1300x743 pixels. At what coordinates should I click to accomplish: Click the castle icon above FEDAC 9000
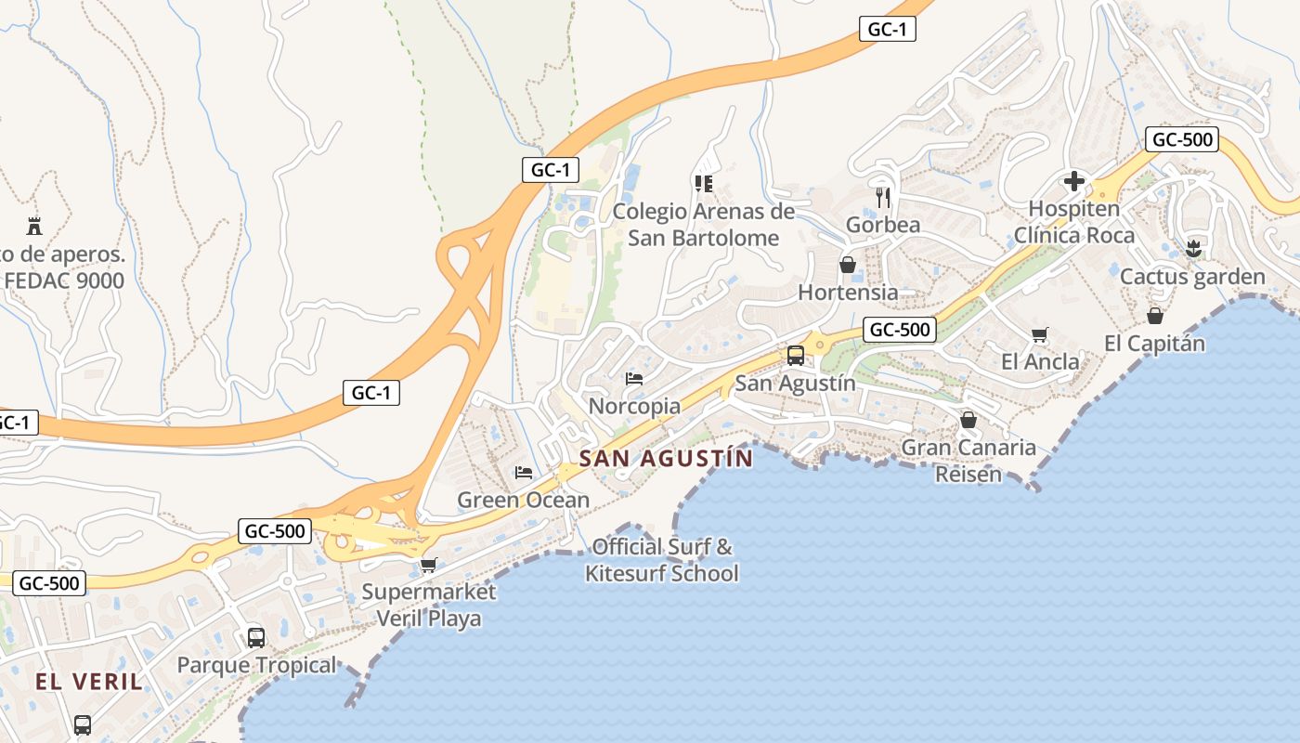34,225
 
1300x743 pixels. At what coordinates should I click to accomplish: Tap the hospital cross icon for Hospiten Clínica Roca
1074,180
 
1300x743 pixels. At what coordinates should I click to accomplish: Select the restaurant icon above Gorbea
883,197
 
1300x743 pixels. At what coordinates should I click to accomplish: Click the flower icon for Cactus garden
1193,248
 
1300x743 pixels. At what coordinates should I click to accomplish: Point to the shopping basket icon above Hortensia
848,265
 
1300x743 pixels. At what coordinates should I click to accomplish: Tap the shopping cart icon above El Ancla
1040,334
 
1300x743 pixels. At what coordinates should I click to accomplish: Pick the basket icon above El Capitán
1154,316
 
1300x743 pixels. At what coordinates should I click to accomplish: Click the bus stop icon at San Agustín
795,355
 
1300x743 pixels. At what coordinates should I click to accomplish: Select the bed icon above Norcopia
634,378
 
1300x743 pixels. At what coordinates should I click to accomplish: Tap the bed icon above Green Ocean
524,472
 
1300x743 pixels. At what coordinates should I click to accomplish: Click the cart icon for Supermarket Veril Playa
428,564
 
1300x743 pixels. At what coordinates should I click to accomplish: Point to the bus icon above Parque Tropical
256,637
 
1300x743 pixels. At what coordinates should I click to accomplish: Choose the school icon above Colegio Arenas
703,183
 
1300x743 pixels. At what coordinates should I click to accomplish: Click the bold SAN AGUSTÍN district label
666,458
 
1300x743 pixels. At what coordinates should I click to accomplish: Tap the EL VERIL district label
89,682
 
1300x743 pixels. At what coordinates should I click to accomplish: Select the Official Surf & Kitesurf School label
662,560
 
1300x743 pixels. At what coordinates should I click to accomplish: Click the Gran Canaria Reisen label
968,461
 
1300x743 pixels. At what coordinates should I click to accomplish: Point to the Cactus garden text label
1192,277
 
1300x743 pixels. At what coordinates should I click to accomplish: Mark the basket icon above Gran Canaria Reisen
968,420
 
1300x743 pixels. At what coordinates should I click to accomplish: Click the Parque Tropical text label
256,665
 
